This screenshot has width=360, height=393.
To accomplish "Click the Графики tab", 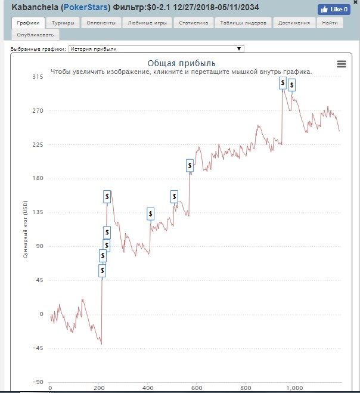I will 29,23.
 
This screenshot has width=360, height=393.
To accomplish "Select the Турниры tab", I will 63,23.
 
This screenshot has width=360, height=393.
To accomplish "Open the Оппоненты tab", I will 101,23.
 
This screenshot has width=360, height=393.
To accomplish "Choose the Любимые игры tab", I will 147,23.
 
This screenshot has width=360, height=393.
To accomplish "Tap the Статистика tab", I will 194,23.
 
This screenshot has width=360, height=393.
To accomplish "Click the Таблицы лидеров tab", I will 244,23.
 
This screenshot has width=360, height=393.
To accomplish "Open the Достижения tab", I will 294,23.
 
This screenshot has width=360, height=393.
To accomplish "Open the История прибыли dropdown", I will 156,49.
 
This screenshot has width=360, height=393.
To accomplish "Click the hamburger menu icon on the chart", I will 342,64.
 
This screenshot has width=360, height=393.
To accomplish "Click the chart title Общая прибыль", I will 181,63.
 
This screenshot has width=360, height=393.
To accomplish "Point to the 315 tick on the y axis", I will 38,78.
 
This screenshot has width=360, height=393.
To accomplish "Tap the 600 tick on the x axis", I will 196,388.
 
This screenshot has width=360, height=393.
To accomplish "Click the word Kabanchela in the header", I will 35,8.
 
